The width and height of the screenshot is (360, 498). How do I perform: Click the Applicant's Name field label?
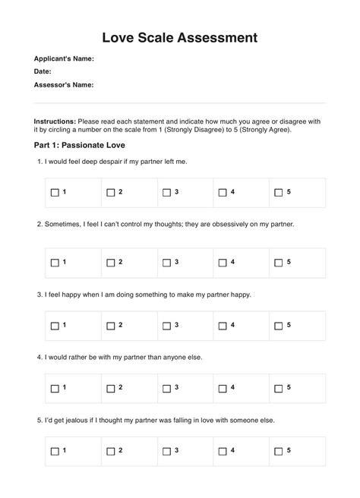(x=65, y=58)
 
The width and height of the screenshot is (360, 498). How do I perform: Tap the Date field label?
(x=43, y=71)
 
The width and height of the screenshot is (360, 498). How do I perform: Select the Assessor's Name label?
(x=64, y=85)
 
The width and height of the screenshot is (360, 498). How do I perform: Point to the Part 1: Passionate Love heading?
(x=80, y=144)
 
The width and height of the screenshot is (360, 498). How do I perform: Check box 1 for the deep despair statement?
(x=55, y=193)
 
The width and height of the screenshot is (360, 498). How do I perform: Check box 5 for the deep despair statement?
(x=279, y=193)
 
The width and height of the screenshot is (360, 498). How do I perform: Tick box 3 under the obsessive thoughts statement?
(x=167, y=263)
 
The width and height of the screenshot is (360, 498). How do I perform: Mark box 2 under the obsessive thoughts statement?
(x=111, y=263)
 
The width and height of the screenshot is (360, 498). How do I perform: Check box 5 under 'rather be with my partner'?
(x=279, y=388)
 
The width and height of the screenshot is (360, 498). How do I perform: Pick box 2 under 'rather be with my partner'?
(x=111, y=388)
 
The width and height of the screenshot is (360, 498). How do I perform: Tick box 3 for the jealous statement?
(x=167, y=451)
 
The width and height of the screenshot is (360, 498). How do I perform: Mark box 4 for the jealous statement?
(x=223, y=451)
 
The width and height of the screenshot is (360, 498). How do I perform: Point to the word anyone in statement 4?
(x=178, y=357)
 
